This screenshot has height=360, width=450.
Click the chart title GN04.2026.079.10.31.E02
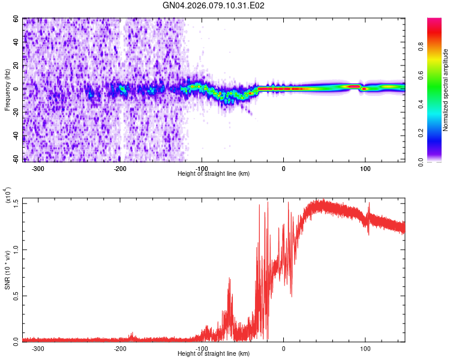tap(214, 6)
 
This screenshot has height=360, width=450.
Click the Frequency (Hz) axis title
tap(7, 90)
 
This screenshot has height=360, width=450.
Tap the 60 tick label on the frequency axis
tap(16, 19)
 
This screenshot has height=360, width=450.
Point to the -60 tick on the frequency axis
tap(15, 159)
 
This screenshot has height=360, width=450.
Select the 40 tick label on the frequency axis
tap(16, 43)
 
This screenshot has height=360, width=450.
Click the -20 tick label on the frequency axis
tap(15, 112)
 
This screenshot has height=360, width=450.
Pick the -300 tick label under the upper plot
tap(38, 169)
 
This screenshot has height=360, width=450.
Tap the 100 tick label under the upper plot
tap(365, 169)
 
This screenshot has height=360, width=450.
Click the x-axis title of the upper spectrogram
tap(214, 173)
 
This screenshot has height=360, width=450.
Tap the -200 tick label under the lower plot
tap(119, 348)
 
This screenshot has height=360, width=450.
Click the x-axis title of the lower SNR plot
tap(214, 353)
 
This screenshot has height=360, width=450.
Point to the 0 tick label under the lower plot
tap(284, 348)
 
